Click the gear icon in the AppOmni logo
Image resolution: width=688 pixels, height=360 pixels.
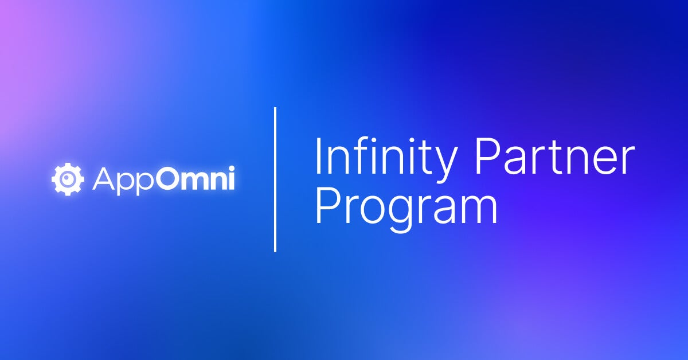pyautogui.click(x=68, y=179)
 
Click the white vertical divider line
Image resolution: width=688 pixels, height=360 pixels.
pyautogui.click(x=275, y=179)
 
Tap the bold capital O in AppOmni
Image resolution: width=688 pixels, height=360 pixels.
pyautogui.click(x=170, y=180)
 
